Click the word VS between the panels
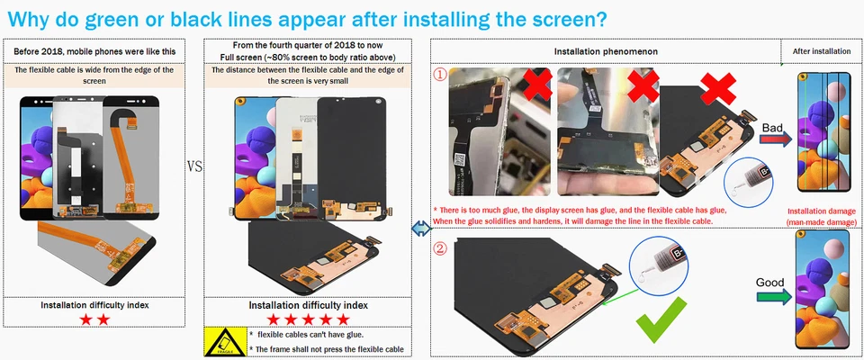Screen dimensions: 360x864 (x=193, y=166)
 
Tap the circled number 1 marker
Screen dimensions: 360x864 (x=440, y=76)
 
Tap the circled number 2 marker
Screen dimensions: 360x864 (x=440, y=249)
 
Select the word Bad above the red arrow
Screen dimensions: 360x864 (x=772, y=129)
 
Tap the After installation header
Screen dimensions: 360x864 (x=821, y=51)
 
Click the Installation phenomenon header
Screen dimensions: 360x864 (x=605, y=51)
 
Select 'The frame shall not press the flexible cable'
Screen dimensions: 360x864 (x=329, y=349)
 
